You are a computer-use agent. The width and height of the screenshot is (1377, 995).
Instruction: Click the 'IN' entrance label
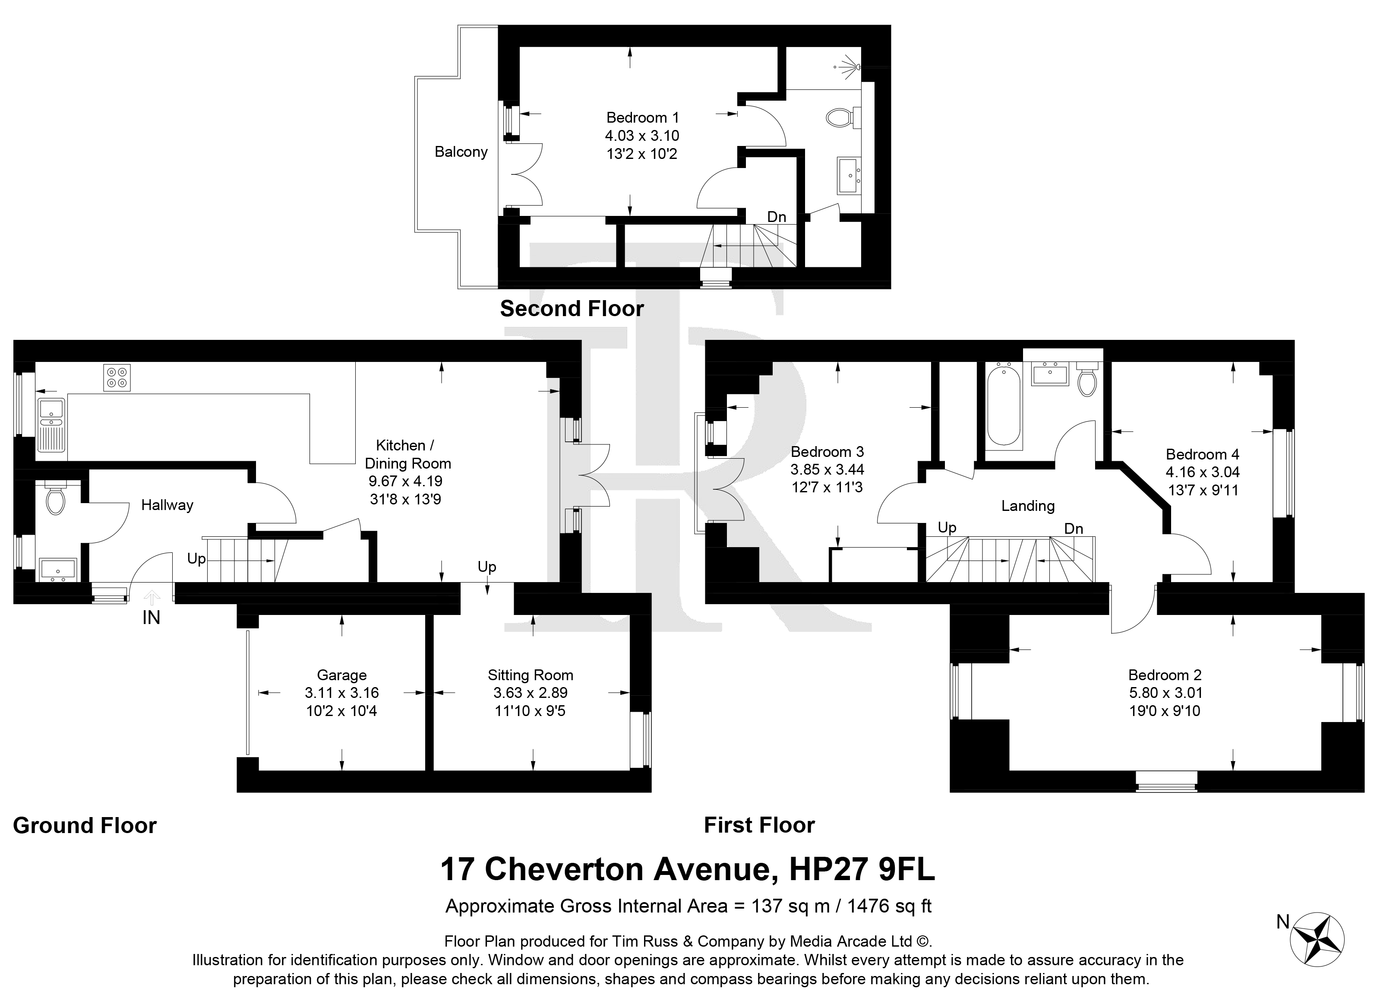pyautogui.click(x=151, y=618)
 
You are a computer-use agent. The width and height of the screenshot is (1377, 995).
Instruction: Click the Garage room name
pyautogui.click(x=342, y=675)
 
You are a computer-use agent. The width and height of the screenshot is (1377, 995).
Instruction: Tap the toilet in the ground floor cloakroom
pyautogui.click(x=56, y=497)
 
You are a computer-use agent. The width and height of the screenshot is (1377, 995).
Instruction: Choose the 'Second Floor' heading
pyautogui.click(x=572, y=309)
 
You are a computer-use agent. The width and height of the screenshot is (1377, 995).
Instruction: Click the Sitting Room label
pyautogui.click(x=530, y=675)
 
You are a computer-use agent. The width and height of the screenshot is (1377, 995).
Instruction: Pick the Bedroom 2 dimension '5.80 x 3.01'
pyautogui.click(x=1165, y=693)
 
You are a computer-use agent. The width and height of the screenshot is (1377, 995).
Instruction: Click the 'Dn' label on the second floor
pyautogui.click(x=777, y=217)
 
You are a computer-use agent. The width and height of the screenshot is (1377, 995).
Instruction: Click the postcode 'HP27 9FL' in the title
pyautogui.click(x=862, y=869)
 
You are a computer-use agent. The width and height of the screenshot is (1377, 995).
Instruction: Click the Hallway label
pyautogui.click(x=167, y=505)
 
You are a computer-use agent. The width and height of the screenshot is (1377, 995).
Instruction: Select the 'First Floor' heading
pyautogui.click(x=759, y=825)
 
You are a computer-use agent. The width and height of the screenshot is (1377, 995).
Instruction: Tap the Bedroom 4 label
pyautogui.click(x=1202, y=454)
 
